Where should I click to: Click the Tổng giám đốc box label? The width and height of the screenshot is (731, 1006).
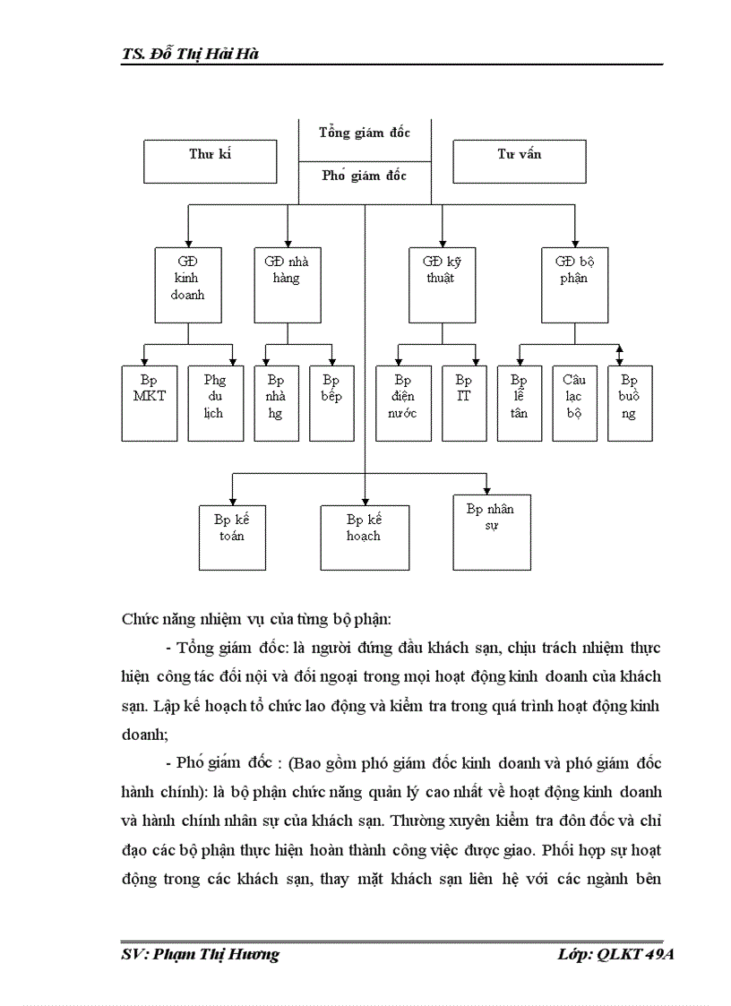(365, 133)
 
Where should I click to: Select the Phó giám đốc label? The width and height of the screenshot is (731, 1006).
(365, 176)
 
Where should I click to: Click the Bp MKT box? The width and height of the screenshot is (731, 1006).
(150, 403)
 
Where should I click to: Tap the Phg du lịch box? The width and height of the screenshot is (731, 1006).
(215, 403)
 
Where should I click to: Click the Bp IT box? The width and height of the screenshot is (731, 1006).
(463, 403)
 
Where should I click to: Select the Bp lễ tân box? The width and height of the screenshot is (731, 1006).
(520, 403)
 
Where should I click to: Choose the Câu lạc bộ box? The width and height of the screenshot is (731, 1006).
(574, 403)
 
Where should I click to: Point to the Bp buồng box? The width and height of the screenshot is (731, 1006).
(629, 403)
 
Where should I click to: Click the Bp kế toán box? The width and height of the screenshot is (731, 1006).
(232, 537)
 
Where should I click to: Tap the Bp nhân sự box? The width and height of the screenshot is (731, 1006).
(492, 531)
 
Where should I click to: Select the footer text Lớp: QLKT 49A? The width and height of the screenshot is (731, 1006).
(615, 954)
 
